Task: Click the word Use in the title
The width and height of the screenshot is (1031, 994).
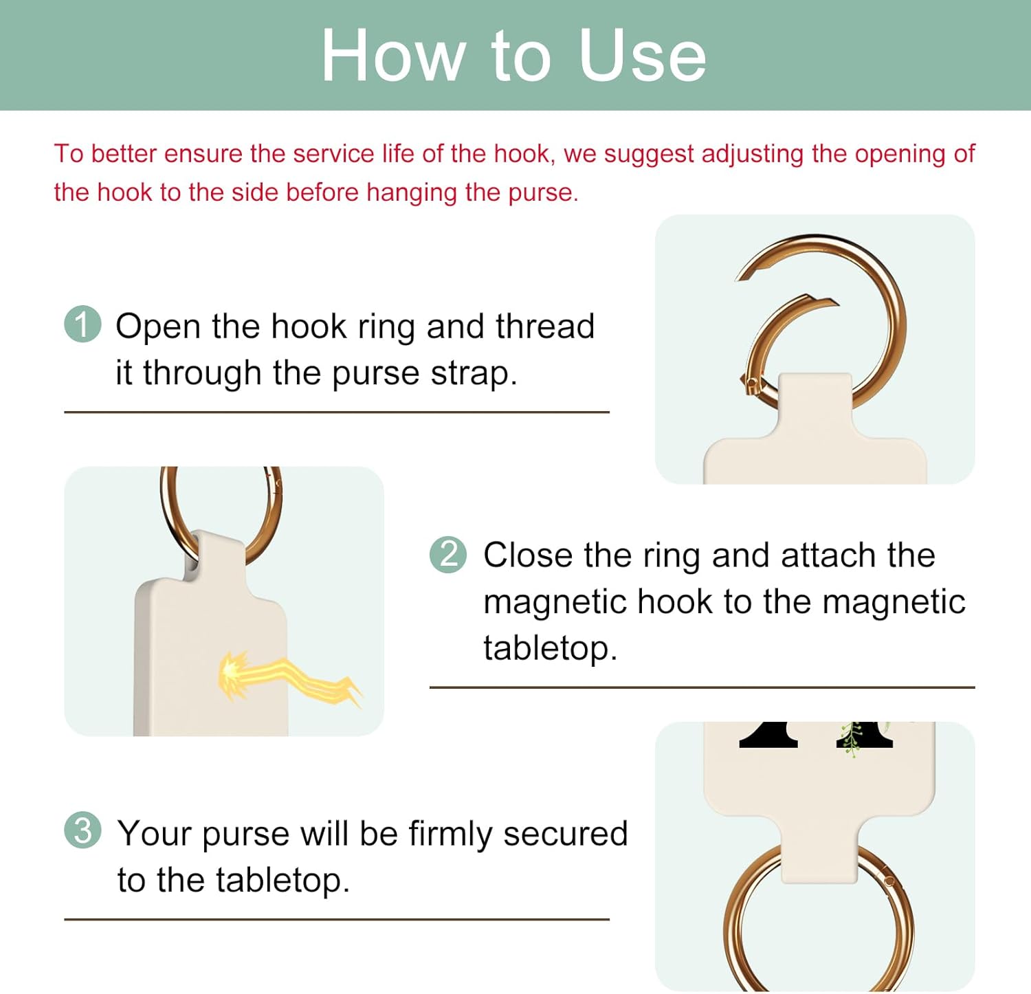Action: click(x=642, y=56)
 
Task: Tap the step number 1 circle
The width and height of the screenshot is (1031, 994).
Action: click(x=82, y=324)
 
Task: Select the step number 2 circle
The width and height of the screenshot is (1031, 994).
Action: click(x=448, y=554)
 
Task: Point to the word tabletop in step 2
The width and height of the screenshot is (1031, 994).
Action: click(x=549, y=648)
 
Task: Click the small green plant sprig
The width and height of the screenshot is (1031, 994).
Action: click(x=852, y=740)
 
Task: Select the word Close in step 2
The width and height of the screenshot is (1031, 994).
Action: click(x=527, y=555)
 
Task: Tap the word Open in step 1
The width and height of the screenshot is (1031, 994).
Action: click(x=158, y=326)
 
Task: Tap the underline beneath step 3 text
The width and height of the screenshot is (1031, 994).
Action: click(x=337, y=919)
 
